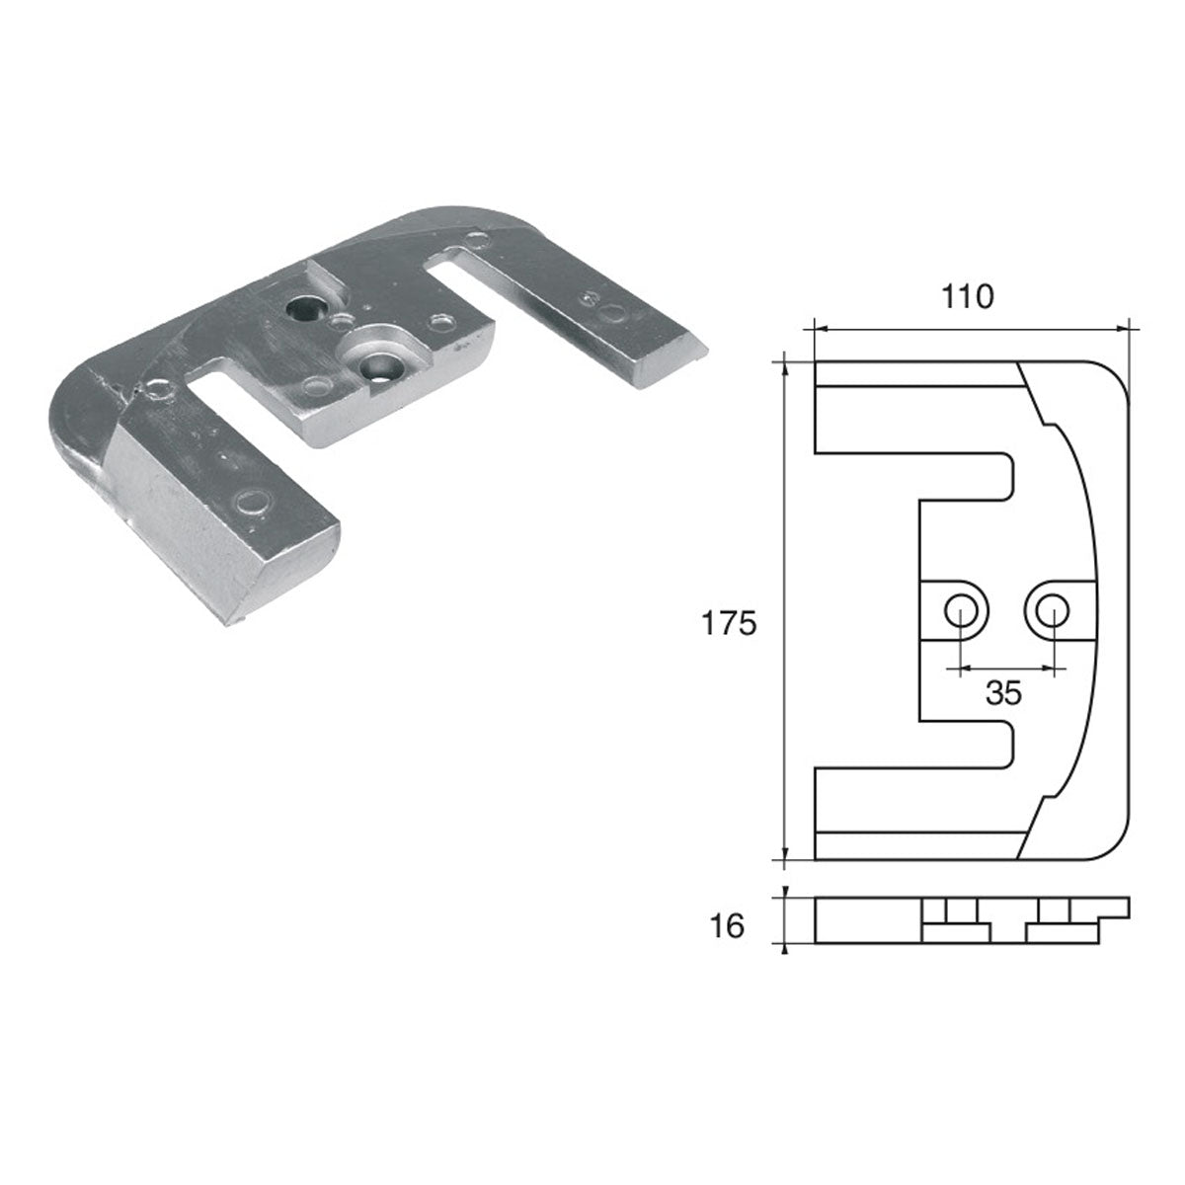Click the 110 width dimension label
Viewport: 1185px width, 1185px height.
pyautogui.click(x=967, y=296)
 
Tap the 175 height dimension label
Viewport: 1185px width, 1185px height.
pyautogui.click(x=728, y=623)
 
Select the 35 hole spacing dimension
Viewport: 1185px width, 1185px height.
pyautogui.click(x=1003, y=693)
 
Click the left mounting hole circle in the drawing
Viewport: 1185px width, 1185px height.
pyautogui.click(x=958, y=610)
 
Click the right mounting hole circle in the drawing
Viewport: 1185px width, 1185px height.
pyautogui.click(x=1053, y=610)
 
